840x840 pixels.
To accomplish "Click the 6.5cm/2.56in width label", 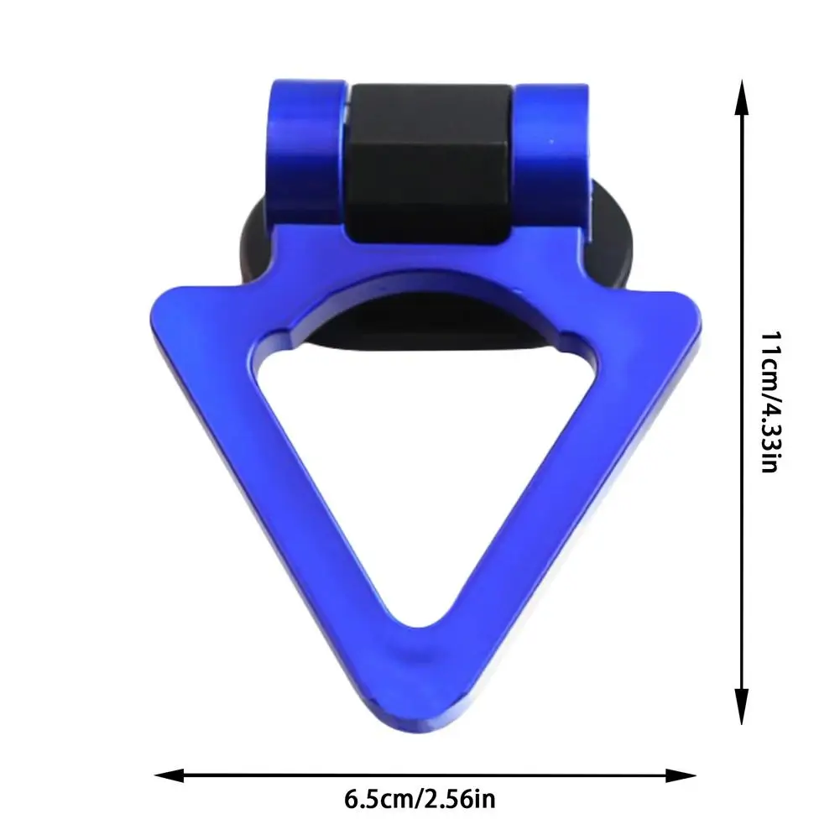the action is pyautogui.click(x=420, y=800).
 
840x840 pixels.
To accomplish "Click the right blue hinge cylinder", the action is pyautogui.click(x=552, y=156).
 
